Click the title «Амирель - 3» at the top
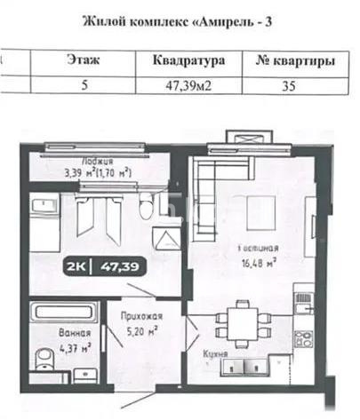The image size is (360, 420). coord(179,20)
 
